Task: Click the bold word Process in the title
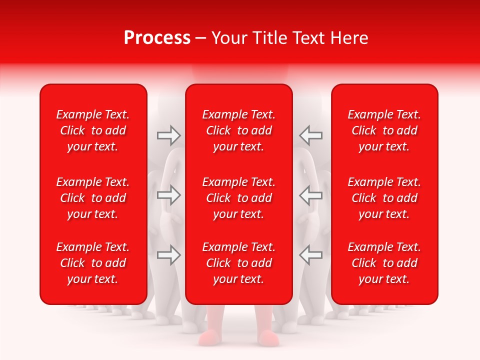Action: click(157, 38)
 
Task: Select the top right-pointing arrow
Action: click(168, 135)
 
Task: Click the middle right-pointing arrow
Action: click(168, 195)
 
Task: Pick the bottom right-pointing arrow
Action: click(168, 255)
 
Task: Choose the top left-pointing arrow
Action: click(310, 135)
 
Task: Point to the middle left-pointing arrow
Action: click(310, 195)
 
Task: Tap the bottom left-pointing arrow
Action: click(310, 255)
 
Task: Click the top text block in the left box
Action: click(93, 130)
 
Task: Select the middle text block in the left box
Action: click(93, 198)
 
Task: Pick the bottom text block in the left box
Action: click(93, 263)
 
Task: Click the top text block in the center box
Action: click(238, 130)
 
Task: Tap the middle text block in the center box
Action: click(238, 198)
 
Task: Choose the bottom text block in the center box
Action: click(238, 263)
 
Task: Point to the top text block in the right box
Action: click(384, 130)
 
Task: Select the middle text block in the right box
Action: click(384, 198)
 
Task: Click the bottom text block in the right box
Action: click(384, 263)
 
